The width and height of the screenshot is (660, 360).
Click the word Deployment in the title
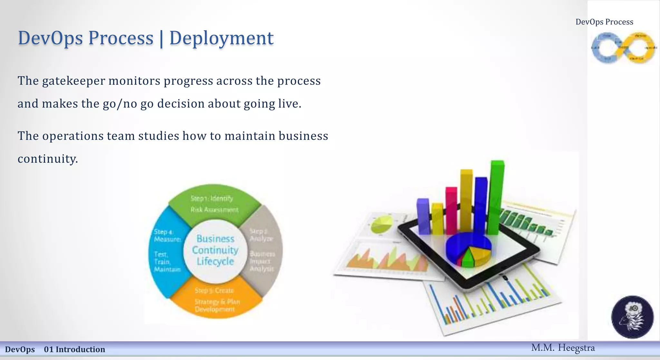pos(221,38)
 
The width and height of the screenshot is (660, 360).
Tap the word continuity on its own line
pos(48,159)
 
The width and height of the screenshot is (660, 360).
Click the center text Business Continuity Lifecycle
pos(215,250)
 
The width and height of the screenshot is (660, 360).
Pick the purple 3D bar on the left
pos(422,216)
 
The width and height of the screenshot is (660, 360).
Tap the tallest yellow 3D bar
pos(466,200)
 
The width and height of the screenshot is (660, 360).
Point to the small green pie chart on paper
pos(382,224)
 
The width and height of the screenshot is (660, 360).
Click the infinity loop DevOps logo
pos(623,48)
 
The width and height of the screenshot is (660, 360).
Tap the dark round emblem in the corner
pos(632,317)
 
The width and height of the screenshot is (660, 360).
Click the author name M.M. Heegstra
pos(563,348)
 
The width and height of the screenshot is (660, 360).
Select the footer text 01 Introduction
pos(74,349)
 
